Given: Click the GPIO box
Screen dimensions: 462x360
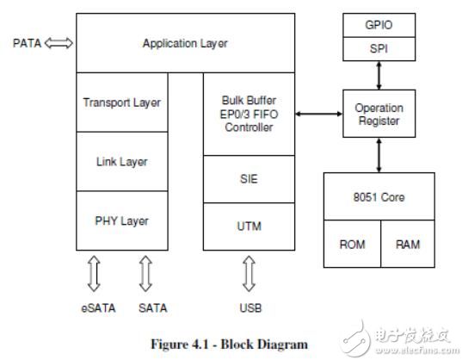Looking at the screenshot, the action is pyautogui.click(x=379, y=25).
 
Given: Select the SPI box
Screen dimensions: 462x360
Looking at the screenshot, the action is pyautogui.click(x=379, y=49).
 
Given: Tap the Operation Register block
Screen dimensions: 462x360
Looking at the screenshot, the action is pyautogui.click(x=379, y=114).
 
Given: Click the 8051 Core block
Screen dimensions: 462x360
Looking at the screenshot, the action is pyautogui.click(x=379, y=196).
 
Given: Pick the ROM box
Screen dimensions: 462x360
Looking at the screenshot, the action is pyautogui.click(x=352, y=244).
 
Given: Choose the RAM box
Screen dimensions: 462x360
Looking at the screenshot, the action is pyautogui.click(x=408, y=244).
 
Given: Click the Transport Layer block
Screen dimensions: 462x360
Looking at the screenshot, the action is pyautogui.click(x=122, y=102).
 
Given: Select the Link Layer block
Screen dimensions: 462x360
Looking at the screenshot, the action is pyautogui.click(x=122, y=162).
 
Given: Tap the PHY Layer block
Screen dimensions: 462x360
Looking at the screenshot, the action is pyautogui.click(x=122, y=220).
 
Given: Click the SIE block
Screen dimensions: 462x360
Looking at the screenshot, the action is pyautogui.click(x=249, y=179).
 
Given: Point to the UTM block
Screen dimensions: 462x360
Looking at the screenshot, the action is pyautogui.click(x=249, y=227).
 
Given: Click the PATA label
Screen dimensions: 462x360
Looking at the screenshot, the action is pyautogui.click(x=28, y=43).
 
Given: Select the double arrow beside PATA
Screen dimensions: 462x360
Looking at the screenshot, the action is pyautogui.click(x=59, y=43).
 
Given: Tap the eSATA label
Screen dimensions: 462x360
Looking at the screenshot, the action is pyautogui.click(x=98, y=308).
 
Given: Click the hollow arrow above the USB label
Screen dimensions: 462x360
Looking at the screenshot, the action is pyautogui.click(x=249, y=274).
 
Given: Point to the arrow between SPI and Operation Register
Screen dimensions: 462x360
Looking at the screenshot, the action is pyautogui.click(x=379, y=76).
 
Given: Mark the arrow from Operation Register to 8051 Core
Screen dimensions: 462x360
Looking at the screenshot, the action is pyautogui.click(x=379, y=155).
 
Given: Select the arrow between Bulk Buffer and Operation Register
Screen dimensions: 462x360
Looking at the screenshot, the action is pyautogui.click(x=319, y=114).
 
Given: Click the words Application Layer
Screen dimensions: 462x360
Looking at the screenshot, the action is pyautogui.click(x=185, y=43).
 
